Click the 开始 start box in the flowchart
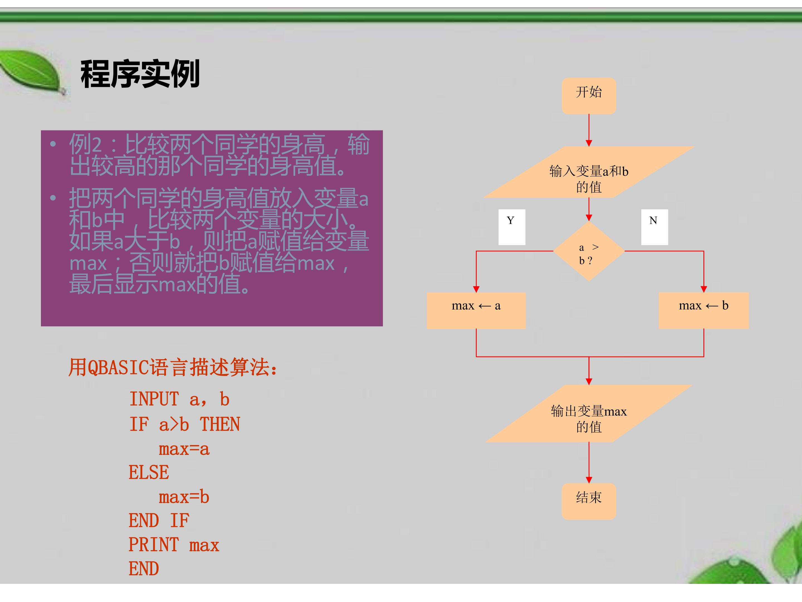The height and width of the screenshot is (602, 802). click(589, 96)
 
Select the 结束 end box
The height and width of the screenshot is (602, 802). click(589, 501)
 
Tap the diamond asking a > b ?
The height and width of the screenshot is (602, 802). click(589, 251)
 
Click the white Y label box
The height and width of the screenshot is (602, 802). click(512, 227)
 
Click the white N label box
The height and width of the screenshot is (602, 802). click(654, 227)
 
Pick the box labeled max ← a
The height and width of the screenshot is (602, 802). click(476, 311)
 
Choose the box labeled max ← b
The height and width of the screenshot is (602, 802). click(704, 311)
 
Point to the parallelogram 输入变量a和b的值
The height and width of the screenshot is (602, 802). click(589, 172)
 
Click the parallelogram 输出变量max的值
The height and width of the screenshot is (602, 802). click(589, 413)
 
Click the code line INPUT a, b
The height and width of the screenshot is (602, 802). click(179, 399)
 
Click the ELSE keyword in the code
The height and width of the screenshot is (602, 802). click(149, 472)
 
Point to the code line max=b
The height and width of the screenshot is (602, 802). click(184, 497)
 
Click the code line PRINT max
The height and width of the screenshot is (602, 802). click(174, 545)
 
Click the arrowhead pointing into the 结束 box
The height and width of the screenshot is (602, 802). click(589, 480)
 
